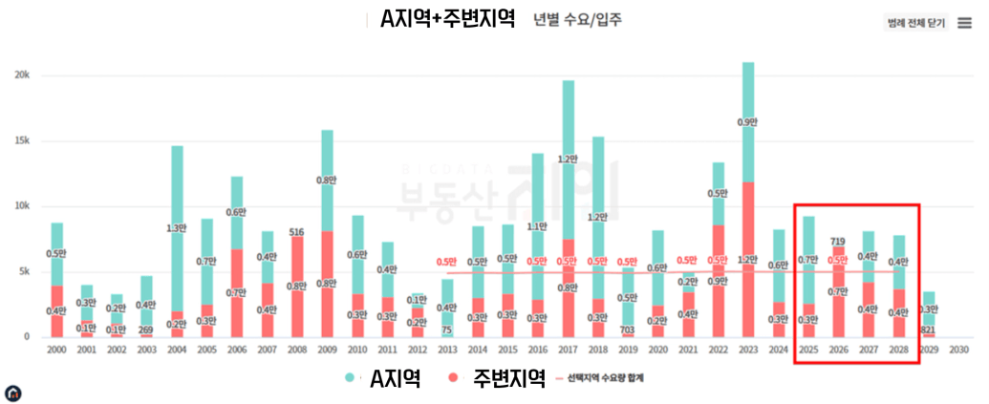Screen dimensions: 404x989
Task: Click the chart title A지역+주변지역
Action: (447, 19)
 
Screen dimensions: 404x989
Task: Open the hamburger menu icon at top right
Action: (964, 22)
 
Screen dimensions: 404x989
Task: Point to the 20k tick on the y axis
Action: (22, 74)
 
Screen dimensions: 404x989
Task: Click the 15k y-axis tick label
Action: (22, 140)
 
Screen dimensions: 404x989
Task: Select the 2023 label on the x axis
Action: (748, 351)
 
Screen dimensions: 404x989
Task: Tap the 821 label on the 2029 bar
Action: (927, 330)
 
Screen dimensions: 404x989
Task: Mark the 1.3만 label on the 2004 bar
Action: (177, 227)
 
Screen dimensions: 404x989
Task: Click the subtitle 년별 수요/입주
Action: (577, 20)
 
